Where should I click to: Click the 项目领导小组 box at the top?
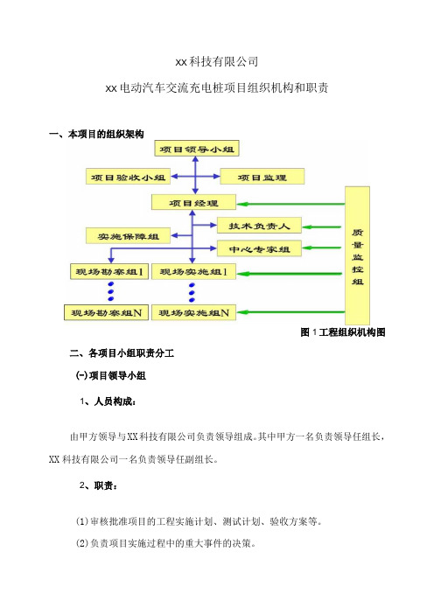pyautogui.click(x=197, y=149)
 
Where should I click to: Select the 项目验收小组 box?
pyautogui.click(x=128, y=177)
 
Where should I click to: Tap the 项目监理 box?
pyautogui.click(x=262, y=177)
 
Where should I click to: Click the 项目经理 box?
pyautogui.click(x=193, y=202)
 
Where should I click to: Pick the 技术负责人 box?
pyautogui.click(x=259, y=226)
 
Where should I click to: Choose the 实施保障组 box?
pyautogui.click(x=128, y=236)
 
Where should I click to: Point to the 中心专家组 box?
pyautogui.click(x=259, y=248)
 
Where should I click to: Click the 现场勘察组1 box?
pyautogui.click(x=109, y=271)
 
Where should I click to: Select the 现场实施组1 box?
pyautogui.click(x=193, y=271)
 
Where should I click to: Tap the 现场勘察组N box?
pyautogui.click(x=106, y=312)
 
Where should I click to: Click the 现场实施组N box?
pyautogui.click(x=193, y=312)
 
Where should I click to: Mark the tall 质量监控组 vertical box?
pyautogui.click(x=357, y=255)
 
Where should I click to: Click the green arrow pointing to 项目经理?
pyautogui.click(x=290, y=204)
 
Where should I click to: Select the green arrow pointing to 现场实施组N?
pyautogui.click(x=290, y=312)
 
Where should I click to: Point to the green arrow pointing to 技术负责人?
pyautogui.click(x=322, y=227)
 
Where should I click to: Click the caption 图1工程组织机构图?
pyautogui.click(x=343, y=332)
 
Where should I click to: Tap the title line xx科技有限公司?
pyautogui.click(x=217, y=61)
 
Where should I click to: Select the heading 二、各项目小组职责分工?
pyautogui.click(x=122, y=353)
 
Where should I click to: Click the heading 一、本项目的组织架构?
pyautogui.click(x=96, y=135)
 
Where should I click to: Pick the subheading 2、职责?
pyautogui.click(x=98, y=485)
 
